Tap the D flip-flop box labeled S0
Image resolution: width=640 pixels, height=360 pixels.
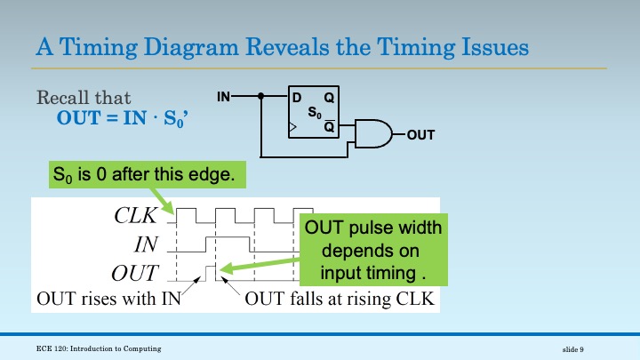[x=316, y=114]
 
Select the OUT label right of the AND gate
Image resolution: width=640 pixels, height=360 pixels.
[x=421, y=135]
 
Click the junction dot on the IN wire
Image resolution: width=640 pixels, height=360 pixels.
[x=261, y=95]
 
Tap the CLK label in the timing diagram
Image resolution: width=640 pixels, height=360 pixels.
[x=136, y=215]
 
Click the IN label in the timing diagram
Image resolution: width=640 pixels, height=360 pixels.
[x=145, y=244]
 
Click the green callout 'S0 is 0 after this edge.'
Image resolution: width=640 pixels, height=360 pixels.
[x=143, y=175]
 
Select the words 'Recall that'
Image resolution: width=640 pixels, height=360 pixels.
[x=84, y=98]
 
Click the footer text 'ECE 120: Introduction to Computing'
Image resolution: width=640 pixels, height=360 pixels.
[x=99, y=345]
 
